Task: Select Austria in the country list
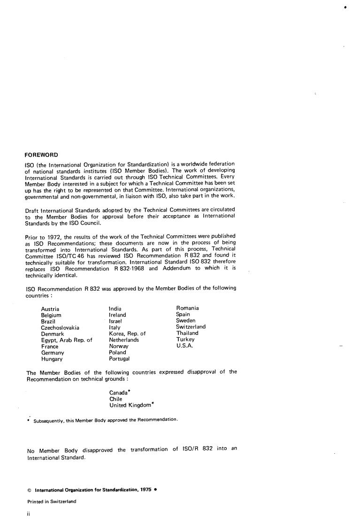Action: tap(50, 309)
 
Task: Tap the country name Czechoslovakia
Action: tap(60, 328)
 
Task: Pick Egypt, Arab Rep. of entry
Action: tap(67, 340)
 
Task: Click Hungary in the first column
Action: tap(52, 359)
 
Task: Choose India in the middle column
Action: tap(115, 309)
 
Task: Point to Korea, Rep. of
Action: tap(127, 333)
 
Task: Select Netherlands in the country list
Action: tap(124, 340)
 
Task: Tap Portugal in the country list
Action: tap(119, 358)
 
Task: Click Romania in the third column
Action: tap(187, 308)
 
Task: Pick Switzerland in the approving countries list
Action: tap(191, 326)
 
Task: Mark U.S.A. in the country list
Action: tap(184, 345)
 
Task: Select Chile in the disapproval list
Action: tap(115, 399)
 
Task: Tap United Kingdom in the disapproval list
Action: tap(131, 405)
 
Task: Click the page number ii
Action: tap(28, 514)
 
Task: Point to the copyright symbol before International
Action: tap(29, 489)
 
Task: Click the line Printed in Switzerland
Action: tap(52, 501)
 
